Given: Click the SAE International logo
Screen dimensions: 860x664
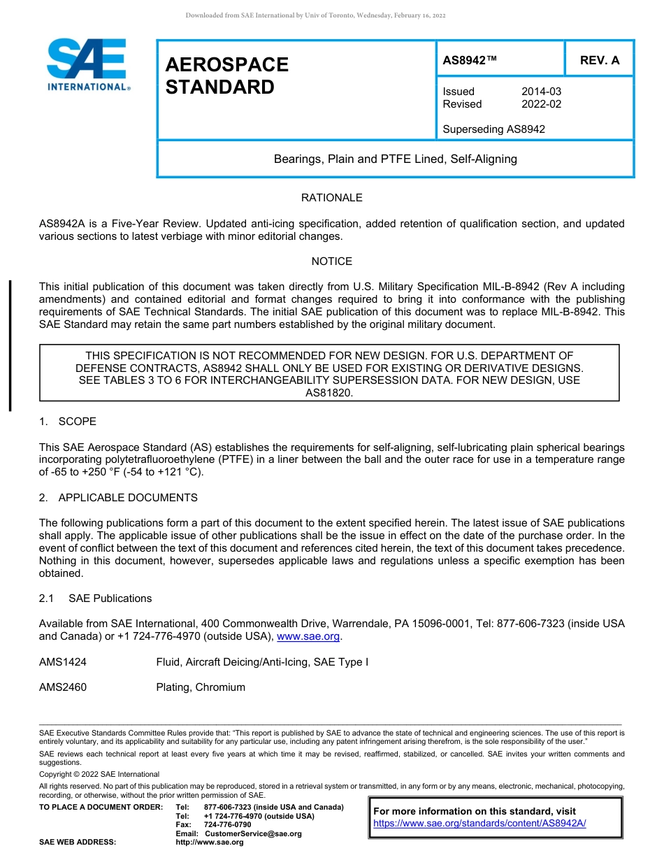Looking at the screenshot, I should [x=87, y=64].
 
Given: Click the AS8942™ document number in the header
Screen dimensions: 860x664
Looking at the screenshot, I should [x=470, y=60].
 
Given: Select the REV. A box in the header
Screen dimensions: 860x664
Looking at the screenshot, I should [x=599, y=60].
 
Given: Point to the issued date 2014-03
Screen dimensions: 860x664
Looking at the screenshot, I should [x=541, y=92].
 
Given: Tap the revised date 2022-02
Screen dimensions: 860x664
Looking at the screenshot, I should [x=541, y=104].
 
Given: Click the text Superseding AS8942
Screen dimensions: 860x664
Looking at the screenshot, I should [x=493, y=129].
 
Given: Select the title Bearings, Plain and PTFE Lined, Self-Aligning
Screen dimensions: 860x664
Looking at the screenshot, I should [x=395, y=159].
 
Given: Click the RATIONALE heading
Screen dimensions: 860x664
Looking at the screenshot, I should [x=331, y=198].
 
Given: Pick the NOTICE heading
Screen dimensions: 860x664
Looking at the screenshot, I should [x=331, y=261].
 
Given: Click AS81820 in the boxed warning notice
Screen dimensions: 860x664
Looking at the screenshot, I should [x=329, y=393].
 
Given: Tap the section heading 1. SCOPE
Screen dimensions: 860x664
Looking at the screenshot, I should [x=68, y=422].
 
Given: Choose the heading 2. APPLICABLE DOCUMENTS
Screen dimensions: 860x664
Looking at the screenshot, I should [x=118, y=498].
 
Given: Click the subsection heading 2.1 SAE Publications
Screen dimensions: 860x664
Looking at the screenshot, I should [x=95, y=599].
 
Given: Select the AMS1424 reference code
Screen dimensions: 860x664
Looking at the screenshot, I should [x=63, y=662].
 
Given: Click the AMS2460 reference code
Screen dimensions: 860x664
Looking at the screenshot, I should [x=63, y=687].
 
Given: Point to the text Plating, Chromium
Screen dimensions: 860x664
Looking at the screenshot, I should [x=201, y=687].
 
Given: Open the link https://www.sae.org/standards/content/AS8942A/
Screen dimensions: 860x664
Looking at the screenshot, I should [x=479, y=824].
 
